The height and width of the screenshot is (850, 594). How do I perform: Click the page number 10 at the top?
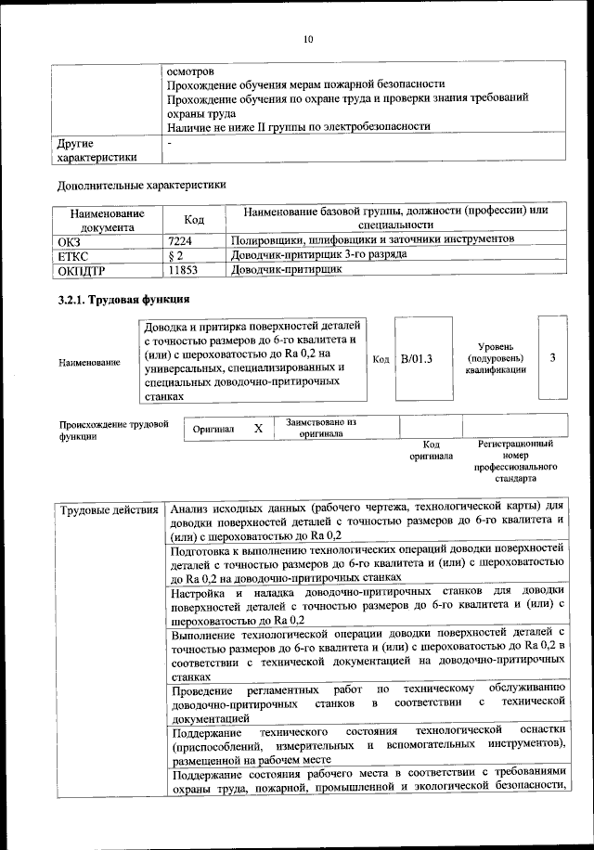(x=308, y=39)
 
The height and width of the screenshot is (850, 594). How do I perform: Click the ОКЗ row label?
(x=70, y=240)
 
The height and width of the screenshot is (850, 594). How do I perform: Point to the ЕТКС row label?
(x=73, y=255)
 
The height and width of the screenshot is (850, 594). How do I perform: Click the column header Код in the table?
(x=194, y=219)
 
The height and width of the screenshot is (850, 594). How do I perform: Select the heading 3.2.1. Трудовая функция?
(x=123, y=300)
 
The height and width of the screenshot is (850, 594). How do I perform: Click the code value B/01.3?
(x=417, y=359)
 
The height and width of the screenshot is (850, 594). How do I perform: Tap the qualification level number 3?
(x=553, y=358)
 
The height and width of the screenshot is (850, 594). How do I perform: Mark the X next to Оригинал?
(x=258, y=428)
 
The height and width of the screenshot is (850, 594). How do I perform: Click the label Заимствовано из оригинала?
(x=321, y=427)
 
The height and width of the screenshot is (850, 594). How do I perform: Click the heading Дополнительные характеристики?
(x=141, y=185)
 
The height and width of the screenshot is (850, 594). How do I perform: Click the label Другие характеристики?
(x=97, y=150)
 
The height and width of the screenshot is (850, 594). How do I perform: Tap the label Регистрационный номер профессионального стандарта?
(x=515, y=461)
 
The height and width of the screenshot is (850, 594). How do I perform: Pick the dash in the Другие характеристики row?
(x=170, y=144)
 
